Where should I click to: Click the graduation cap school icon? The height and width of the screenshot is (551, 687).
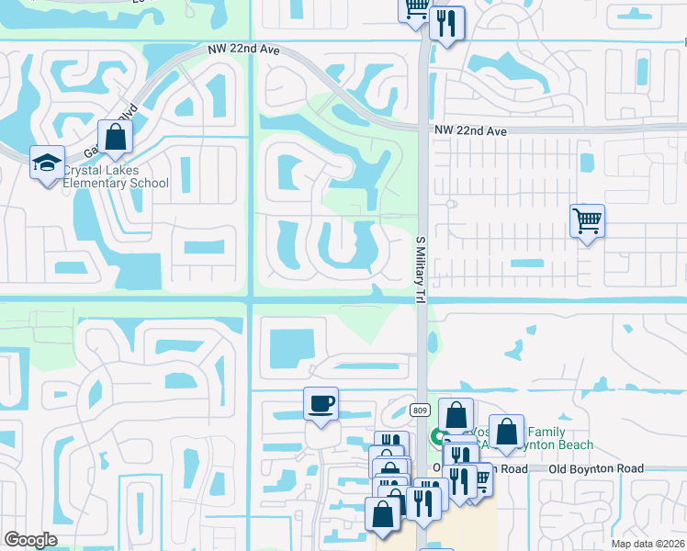pos(47,163)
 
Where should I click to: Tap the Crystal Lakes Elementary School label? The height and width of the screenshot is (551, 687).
pos(116,176)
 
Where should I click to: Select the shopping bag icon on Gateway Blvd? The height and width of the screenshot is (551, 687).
pos(116,138)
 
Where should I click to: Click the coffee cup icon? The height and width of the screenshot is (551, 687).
pos(321,403)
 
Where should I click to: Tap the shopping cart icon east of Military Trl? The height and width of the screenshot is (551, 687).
pos(586,220)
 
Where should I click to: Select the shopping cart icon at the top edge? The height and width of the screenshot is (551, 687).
pos(415,7)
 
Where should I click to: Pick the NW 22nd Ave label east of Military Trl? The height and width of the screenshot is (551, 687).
pos(471,131)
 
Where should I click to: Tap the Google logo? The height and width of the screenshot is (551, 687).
pos(30,540)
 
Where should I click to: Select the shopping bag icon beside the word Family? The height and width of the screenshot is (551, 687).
pos(506,432)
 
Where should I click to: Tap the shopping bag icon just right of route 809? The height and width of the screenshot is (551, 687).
pos(456,414)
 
